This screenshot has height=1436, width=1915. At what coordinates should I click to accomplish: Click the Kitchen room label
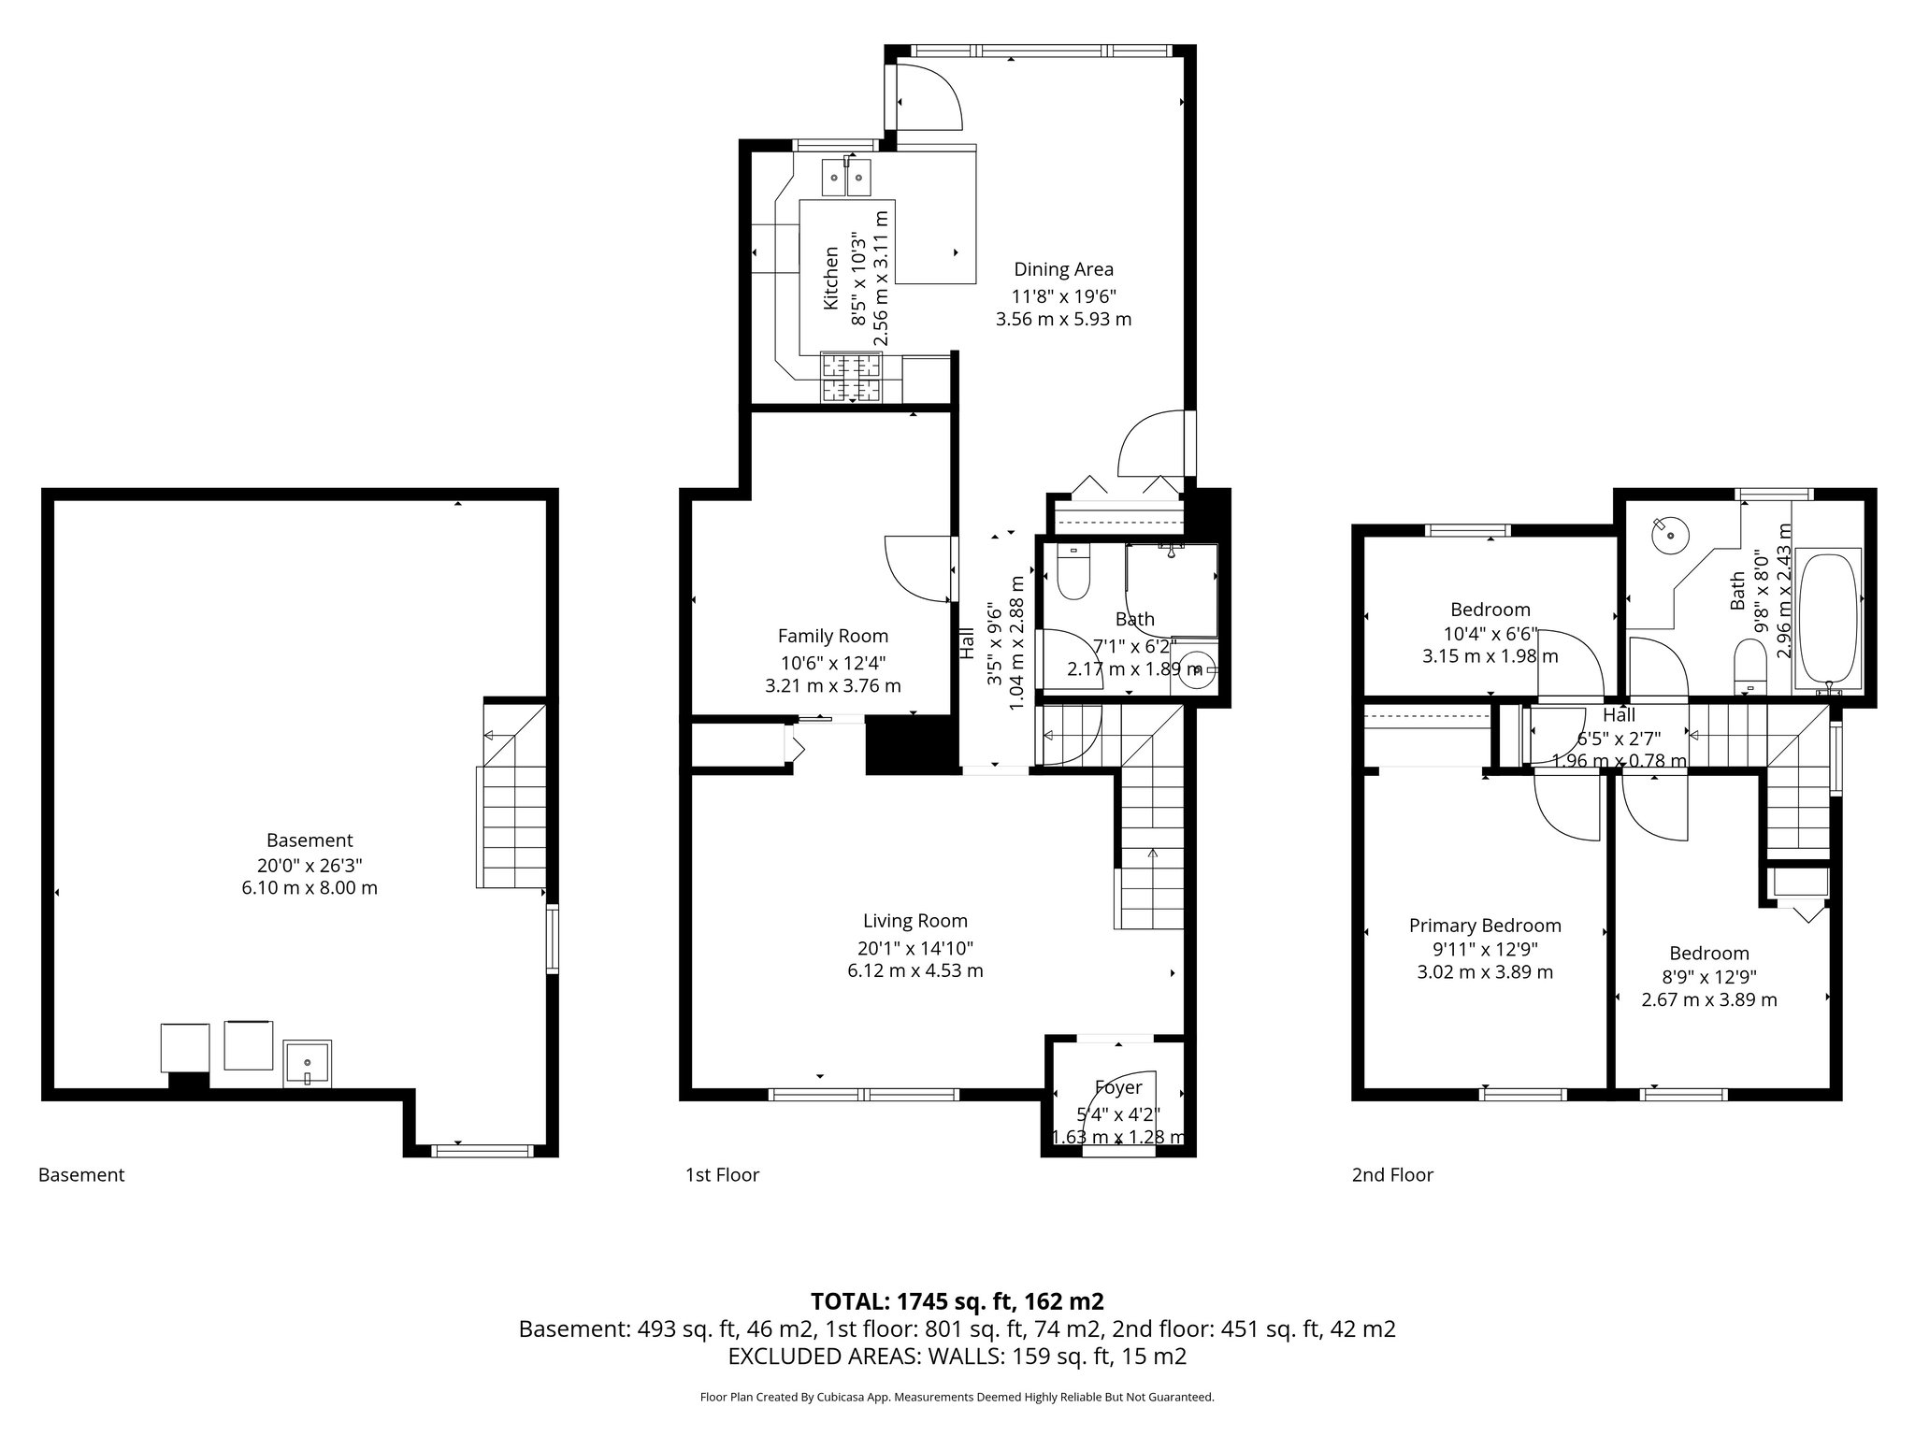point(829,279)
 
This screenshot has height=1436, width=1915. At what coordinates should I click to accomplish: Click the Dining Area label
point(1063,270)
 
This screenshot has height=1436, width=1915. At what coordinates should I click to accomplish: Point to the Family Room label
point(832,637)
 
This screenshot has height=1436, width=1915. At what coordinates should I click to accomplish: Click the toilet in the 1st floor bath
point(1073,573)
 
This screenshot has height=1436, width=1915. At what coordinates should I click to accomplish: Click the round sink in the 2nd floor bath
point(1670,536)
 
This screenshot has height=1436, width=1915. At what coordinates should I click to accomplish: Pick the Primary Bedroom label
point(1485,926)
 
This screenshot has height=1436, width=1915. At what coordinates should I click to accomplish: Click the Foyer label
point(1118,1088)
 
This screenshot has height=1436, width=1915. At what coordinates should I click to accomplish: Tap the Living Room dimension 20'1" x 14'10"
point(914,947)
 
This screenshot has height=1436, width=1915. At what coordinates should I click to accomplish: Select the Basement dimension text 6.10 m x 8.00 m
point(310,888)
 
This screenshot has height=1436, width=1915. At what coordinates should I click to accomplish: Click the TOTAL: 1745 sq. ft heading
point(957,1301)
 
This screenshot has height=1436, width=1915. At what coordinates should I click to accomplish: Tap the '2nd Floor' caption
point(1391,1175)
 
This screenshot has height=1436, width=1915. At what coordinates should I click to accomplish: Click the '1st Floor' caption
point(722,1175)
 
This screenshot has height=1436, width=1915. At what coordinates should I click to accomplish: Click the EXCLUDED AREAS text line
point(957,1357)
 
